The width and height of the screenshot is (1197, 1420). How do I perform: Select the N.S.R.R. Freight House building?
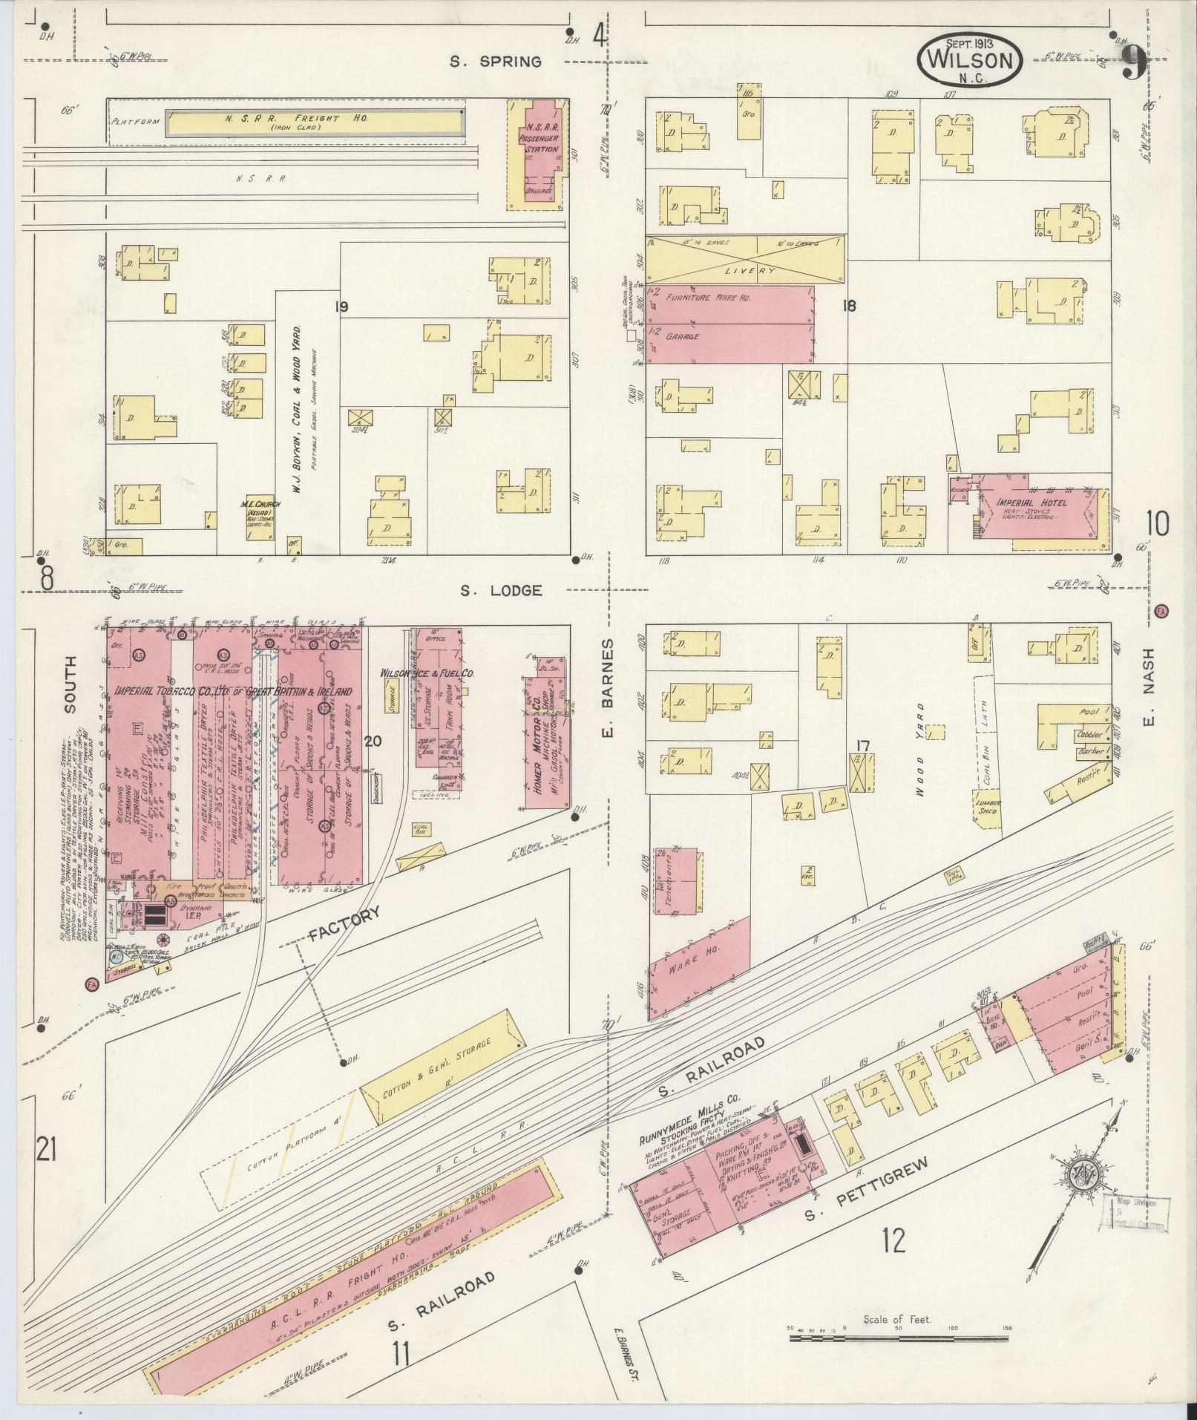[315, 123]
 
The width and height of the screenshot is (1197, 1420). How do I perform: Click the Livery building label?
[745, 270]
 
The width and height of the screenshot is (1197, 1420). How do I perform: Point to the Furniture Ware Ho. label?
[708, 297]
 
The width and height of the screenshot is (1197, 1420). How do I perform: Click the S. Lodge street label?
[501, 591]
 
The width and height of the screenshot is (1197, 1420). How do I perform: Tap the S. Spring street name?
[496, 62]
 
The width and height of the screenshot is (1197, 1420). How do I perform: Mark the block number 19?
[341, 307]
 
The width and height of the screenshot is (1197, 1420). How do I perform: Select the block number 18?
[849, 305]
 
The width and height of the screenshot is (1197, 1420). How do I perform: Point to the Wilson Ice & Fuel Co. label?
[427, 673]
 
